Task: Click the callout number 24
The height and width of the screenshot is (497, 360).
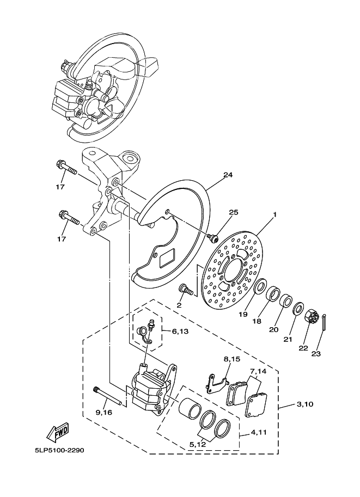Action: click(x=228, y=175)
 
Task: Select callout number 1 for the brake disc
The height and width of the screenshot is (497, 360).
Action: click(x=274, y=214)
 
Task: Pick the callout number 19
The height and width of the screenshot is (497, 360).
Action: click(x=243, y=314)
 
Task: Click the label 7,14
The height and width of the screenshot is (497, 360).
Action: click(x=258, y=371)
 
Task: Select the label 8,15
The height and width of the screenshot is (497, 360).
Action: click(x=231, y=359)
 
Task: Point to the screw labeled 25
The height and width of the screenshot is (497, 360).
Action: click(x=213, y=237)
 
